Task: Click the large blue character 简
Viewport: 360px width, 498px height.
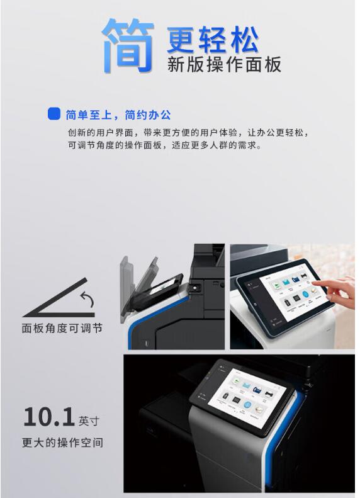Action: pyautogui.click(x=128, y=45)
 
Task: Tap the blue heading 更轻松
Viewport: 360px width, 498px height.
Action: pyautogui.click(x=213, y=40)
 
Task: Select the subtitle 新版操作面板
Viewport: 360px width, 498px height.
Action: pyautogui.click(x=224, y=64)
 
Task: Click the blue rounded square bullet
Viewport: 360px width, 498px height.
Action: pyautogui.click(x=54, y=114)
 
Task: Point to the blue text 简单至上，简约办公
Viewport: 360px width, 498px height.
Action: pyautogui.click(x=118, y=115)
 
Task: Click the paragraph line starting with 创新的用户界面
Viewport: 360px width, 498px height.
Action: pyautogui.click(x=188, y=132)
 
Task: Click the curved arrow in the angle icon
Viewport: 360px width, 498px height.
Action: pyautogui.click(x=87, y=298)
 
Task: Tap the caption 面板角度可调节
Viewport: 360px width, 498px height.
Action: pyautogui.click(x=62, y=328)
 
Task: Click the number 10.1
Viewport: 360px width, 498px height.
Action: pyautogui.click(x=49, y=417)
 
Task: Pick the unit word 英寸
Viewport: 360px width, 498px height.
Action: pyautogui.click(x=89, y=421)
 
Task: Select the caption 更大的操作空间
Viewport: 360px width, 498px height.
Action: pyautogui.click(x=62, y=443)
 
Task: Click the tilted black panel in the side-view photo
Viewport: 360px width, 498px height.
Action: pyautogui.click(x=158, y=292)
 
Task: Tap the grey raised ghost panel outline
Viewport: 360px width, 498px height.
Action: pyautogui.click(x=127, y=286)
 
